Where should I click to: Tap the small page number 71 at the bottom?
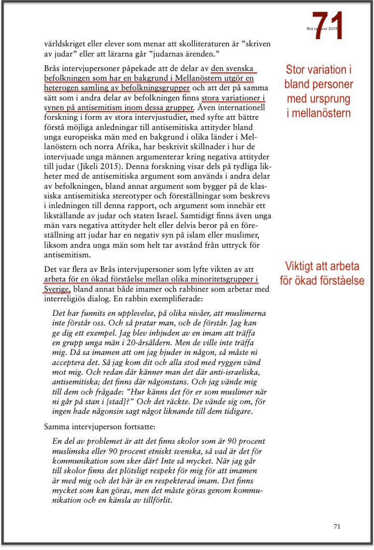coord(337,526)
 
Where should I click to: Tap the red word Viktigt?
coord(302,266)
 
